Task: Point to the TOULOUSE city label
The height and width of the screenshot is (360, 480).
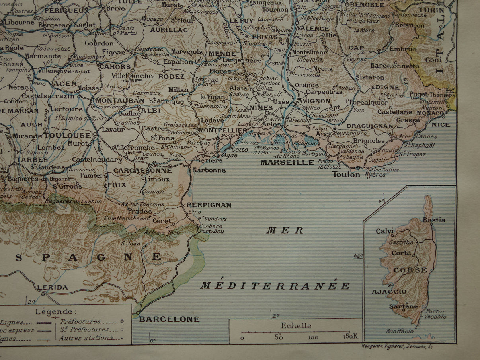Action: (x=68, y=135)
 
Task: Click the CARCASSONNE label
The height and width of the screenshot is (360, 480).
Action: (x=142, y=171)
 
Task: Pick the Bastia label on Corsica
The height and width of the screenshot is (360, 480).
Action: (x=434, y=220)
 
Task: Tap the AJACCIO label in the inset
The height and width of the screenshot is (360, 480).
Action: (x=384, y=292)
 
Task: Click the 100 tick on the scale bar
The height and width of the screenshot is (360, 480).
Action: (x=313, y=337)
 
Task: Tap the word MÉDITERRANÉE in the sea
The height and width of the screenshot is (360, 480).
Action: (x=275, y=286)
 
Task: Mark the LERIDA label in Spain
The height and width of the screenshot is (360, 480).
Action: (x=52, y=287)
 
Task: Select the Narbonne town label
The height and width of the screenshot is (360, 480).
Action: (x=209, y=170)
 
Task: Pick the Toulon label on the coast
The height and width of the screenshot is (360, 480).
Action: (x=346, y=174)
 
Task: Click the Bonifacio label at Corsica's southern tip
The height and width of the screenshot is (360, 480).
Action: (x=400, y=331)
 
